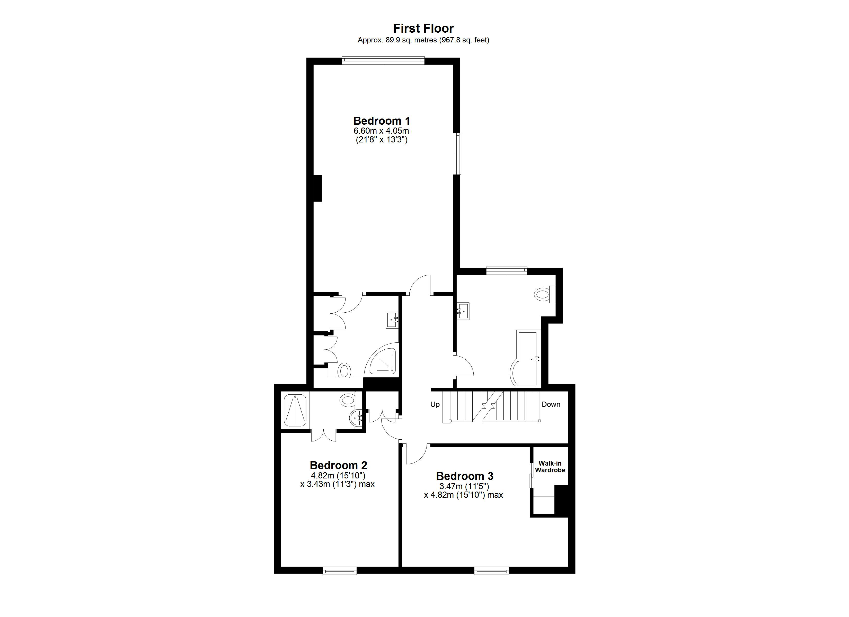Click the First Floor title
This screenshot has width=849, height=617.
(x=423, y=29)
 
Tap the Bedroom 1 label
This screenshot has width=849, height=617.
(x=382, y=121)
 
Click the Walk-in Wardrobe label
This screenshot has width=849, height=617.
(x=550, y=467)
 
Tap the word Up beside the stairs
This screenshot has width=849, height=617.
(x=435, y=404)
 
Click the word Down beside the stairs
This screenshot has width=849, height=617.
(x=551, y=404)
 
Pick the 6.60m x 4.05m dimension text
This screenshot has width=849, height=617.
(x=382, y=131)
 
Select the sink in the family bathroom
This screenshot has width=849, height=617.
(x=463, y=311)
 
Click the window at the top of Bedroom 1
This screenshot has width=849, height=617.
(x=383, y=60)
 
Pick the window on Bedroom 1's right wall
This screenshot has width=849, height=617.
(x=458, y=153)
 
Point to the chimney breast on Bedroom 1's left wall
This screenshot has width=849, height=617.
(x=317, y=188)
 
